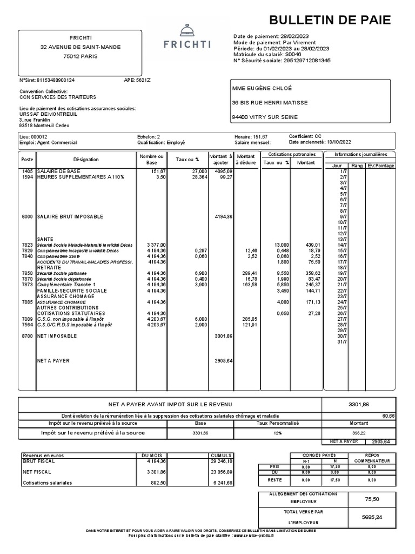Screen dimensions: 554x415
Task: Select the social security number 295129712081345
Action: point(306,61)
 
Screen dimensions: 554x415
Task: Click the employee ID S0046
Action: point(292,55)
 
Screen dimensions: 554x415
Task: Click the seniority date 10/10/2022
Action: point(339,143)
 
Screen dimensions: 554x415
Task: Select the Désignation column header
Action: point(86,160)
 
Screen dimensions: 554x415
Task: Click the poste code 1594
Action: point(27,177)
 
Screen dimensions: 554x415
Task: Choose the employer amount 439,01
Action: point(306,245)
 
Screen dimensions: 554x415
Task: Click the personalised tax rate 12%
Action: point(277,433)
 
